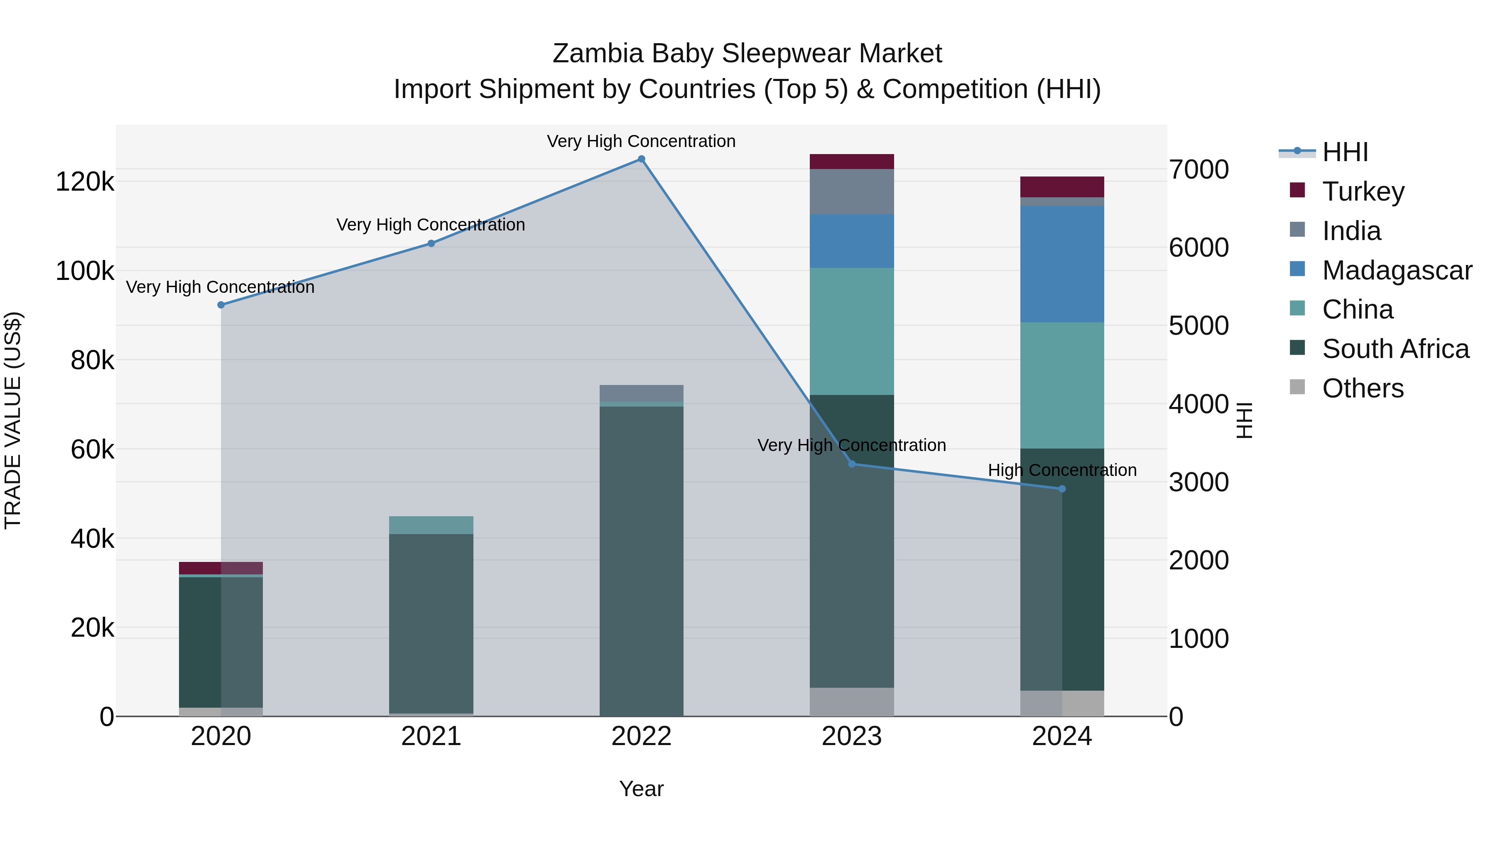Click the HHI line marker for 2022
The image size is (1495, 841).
pos(641,159)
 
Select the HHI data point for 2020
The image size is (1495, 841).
pos(221,305)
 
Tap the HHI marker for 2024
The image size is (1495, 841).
pos(1062,489)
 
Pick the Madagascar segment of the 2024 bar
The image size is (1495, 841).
pos(1062,264)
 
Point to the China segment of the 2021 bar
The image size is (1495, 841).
pos(431,525)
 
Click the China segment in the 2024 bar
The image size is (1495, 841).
pos(1062,385)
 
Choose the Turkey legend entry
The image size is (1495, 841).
pos(1363,191)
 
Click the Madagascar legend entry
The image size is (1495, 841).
pos(1396,270)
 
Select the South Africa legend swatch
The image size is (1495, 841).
pos(1297,348)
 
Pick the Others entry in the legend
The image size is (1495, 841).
pos(1363,388)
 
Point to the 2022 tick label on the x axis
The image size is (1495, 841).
pos(641,736)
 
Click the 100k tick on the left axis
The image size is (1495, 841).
pos(85,271)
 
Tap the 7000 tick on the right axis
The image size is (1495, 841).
pos(1198,169)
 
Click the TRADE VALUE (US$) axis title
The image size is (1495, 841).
pos(13,420)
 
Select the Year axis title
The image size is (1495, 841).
pos(641,789)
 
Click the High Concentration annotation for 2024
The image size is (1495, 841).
pos(1062,470)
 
